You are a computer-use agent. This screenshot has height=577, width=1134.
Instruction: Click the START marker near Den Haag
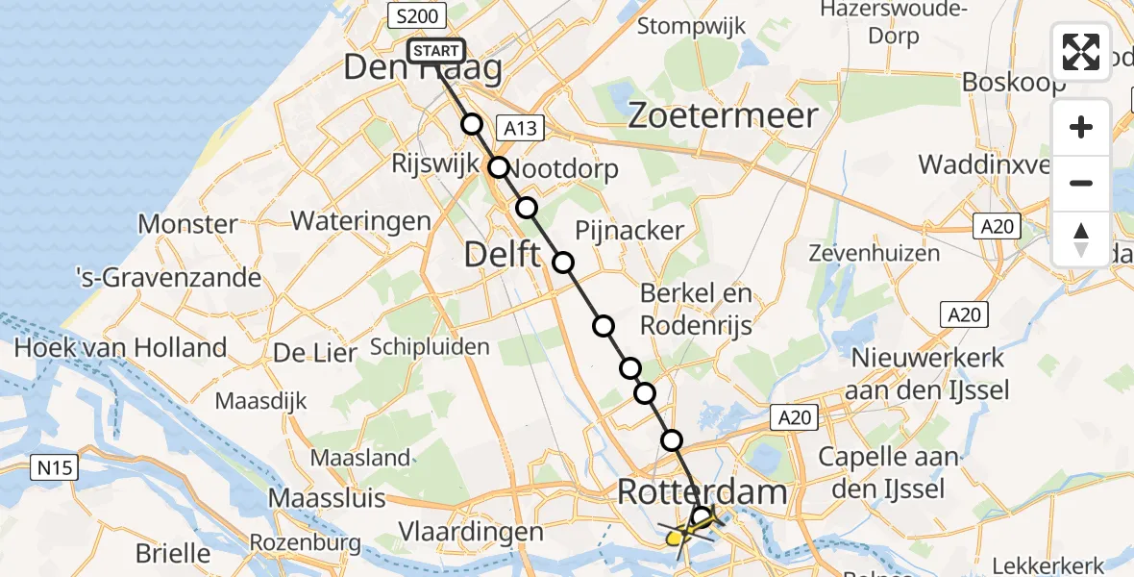(x=437, y=51)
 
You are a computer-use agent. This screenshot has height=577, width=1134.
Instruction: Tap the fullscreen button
(x=1081, y=52)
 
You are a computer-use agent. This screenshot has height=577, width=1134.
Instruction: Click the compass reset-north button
(x=1081, y=239)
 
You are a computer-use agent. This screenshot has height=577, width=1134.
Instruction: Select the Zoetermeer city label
(x=723, y=116)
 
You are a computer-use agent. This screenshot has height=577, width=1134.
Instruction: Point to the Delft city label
(x=503, y=255)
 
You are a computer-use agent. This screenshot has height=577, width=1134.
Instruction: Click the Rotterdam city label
(x=702, y=492)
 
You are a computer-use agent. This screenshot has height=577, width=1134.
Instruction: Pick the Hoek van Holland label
(x=120, y=347)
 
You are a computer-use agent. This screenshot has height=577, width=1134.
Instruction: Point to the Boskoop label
(x=1013, y=82)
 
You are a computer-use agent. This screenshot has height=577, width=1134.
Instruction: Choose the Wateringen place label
(x=360, y=221)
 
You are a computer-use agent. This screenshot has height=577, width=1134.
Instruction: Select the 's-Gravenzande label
(x=169, y=279)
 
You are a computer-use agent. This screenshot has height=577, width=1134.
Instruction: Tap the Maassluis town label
(x=327, y=499)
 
